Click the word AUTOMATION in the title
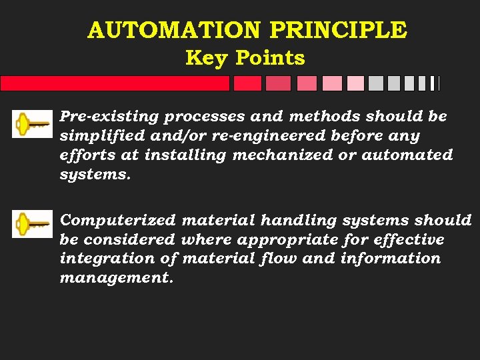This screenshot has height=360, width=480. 175,30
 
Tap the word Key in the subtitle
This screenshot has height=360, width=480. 207,58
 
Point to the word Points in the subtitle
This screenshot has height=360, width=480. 271,58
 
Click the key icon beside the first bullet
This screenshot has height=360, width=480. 32,124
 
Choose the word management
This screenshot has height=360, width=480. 116,277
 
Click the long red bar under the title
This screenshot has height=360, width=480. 115,83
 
